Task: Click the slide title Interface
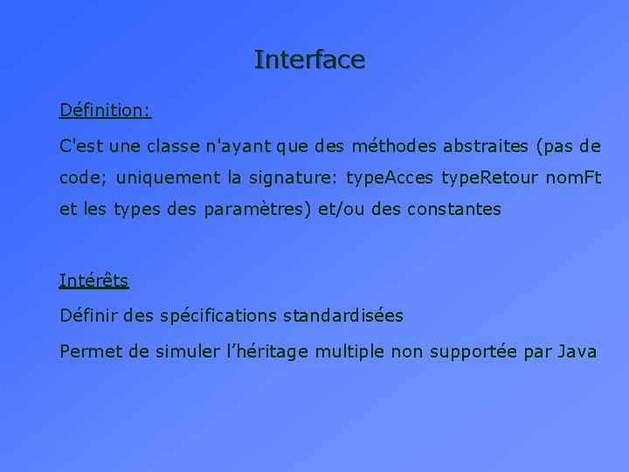point(309,59)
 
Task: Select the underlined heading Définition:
point(105,110)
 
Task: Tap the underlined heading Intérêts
point(93,281)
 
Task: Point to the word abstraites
point(487,144)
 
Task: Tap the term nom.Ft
point(573,177)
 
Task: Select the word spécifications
point(218,316)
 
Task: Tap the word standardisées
point(342,316)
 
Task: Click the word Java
point(576,351)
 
